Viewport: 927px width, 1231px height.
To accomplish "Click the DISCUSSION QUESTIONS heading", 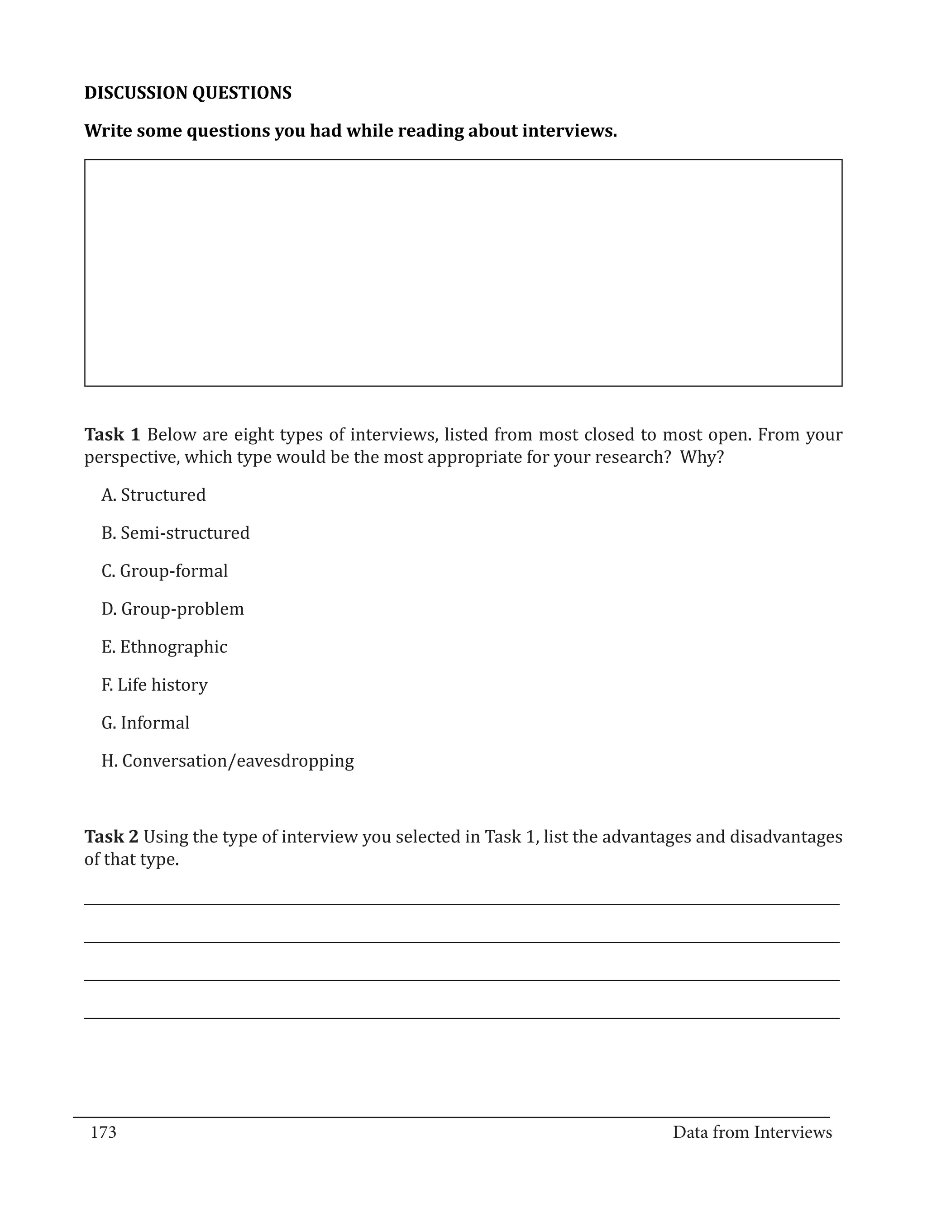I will tap(188, 93).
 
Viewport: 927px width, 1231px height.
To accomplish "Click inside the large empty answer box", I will tap(463, 273).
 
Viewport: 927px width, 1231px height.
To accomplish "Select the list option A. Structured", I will tap(153, 495).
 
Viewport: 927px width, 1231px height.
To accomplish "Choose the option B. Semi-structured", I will tap(175, 532).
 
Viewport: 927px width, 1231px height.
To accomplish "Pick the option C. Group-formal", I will tap(165, 571).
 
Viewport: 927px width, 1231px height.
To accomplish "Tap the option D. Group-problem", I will tap(172, 609).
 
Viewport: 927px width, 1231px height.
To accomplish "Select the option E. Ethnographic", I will tap(164, 646).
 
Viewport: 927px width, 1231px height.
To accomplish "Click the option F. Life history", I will tap(154, 684).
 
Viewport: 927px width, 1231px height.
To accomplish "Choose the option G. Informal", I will tap(145, 723).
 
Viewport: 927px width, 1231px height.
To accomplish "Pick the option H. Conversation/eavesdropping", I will tap(228, 761).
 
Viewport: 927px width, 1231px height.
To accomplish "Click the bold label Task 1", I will tap(112, 435).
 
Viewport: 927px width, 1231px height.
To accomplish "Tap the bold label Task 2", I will tap(111, 837).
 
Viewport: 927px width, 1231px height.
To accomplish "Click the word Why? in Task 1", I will tap(702, 457).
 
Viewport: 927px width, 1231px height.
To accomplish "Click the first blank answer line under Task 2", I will tap(462, 904).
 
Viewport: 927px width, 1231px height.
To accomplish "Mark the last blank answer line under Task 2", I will tap(462, 1018).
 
